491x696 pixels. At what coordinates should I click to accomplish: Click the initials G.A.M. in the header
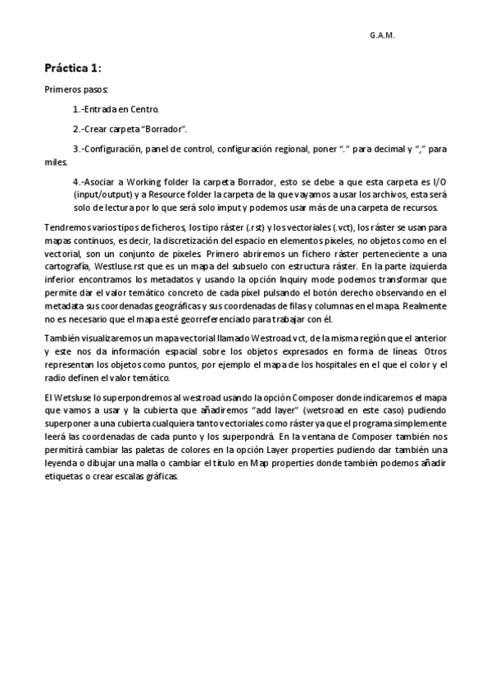pyautogui.click(x=382, y=36)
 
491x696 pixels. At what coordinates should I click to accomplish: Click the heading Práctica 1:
pyautogui.click(x=72, y=68)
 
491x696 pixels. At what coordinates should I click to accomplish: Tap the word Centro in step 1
pyautogui.click(x=143, y=109)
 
